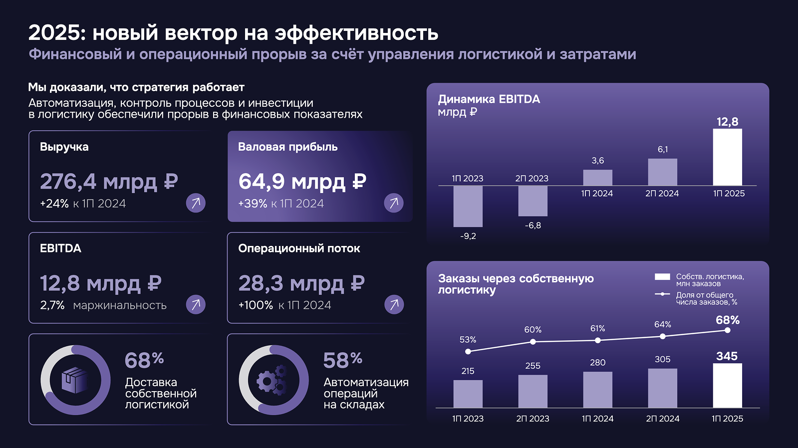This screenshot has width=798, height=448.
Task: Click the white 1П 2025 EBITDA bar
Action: tap(727, 157)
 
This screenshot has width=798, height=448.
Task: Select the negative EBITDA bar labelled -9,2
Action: tap(468, 206)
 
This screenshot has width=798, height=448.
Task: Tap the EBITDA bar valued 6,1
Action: tap(662, 172)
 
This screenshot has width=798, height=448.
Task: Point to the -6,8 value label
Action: tap(532, 225)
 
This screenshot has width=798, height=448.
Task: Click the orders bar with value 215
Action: tap(468, 394)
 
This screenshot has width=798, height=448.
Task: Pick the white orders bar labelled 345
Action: tap(727, 386)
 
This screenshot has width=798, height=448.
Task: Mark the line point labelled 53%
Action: tap(468, 352)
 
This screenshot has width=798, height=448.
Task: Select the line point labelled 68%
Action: tap(727, 330)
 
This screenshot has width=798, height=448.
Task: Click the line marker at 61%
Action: tap(597, 340)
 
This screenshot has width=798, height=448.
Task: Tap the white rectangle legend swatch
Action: tap(662, 277)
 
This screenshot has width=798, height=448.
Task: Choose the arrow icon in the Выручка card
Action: tap(196, 203)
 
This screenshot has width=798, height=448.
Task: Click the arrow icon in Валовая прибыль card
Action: tap(394, 203)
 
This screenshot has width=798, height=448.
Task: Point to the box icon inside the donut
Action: tap(75, 380)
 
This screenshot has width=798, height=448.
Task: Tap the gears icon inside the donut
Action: tap(273, 380)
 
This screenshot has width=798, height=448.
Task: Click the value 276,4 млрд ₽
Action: tap(109, 182)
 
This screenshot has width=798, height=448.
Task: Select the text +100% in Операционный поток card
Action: tap(256, 305)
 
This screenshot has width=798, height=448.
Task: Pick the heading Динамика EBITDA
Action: tap(489, 99)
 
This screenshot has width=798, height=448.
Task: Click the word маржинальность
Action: tap(120, 305)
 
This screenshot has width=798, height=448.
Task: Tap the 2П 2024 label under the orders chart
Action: tap(662, 419)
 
